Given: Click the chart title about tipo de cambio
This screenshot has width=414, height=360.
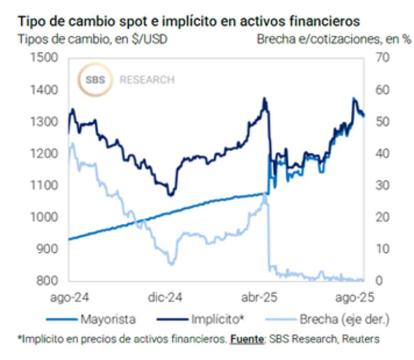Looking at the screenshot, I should coord(189,22).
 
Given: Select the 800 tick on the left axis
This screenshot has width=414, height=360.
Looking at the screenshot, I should coord(44,281).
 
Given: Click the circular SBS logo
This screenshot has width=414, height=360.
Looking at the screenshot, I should coord(94,80).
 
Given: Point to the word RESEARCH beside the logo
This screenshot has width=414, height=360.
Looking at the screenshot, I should coord(147,80).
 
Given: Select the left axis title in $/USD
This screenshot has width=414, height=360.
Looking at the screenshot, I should coord(93,39).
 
